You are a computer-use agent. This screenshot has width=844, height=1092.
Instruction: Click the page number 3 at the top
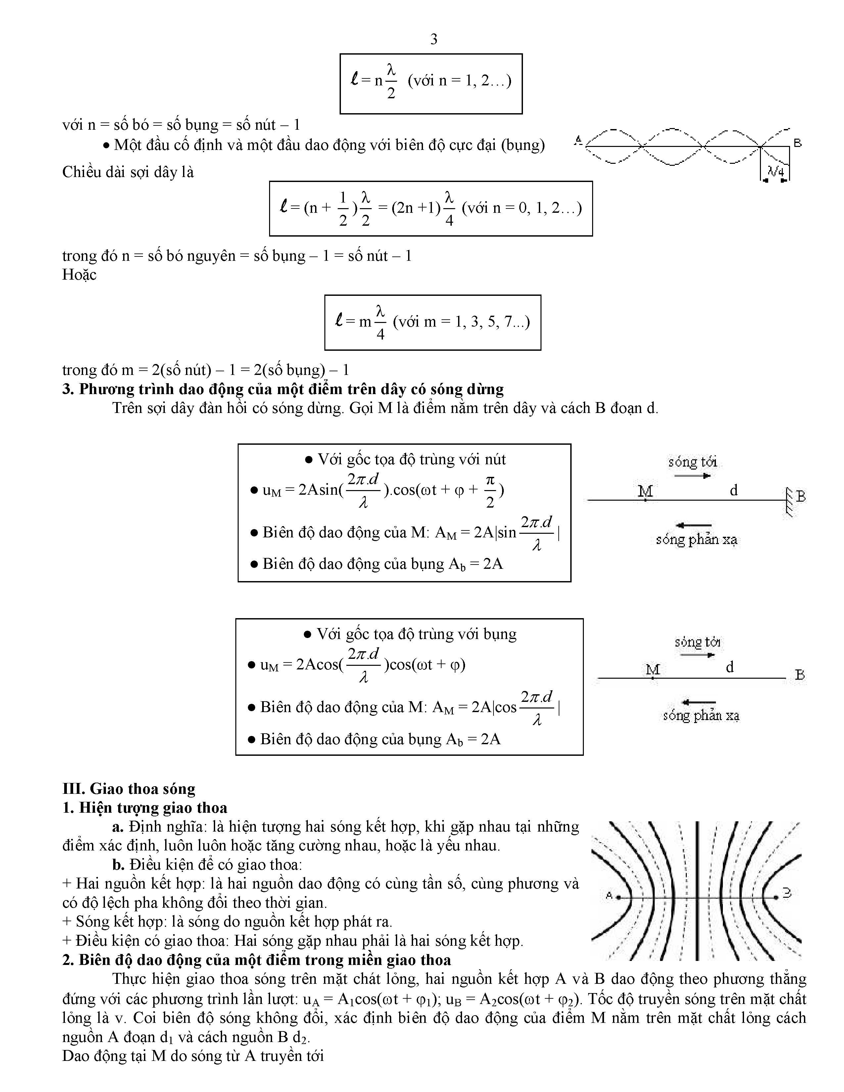pos(434,39)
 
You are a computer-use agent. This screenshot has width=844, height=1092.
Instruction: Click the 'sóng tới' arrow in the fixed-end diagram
pos(692,476)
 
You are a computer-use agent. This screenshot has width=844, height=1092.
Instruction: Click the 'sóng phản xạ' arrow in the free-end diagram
pos(698,702)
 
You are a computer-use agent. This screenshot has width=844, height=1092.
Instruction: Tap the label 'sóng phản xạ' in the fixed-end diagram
pos(696,539)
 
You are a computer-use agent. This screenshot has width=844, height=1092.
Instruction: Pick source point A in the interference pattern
pos(618,897)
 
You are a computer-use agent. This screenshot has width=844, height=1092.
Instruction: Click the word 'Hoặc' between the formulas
pos(79,275)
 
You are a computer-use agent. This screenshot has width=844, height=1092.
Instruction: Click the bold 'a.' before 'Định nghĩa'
pos(118,827)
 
